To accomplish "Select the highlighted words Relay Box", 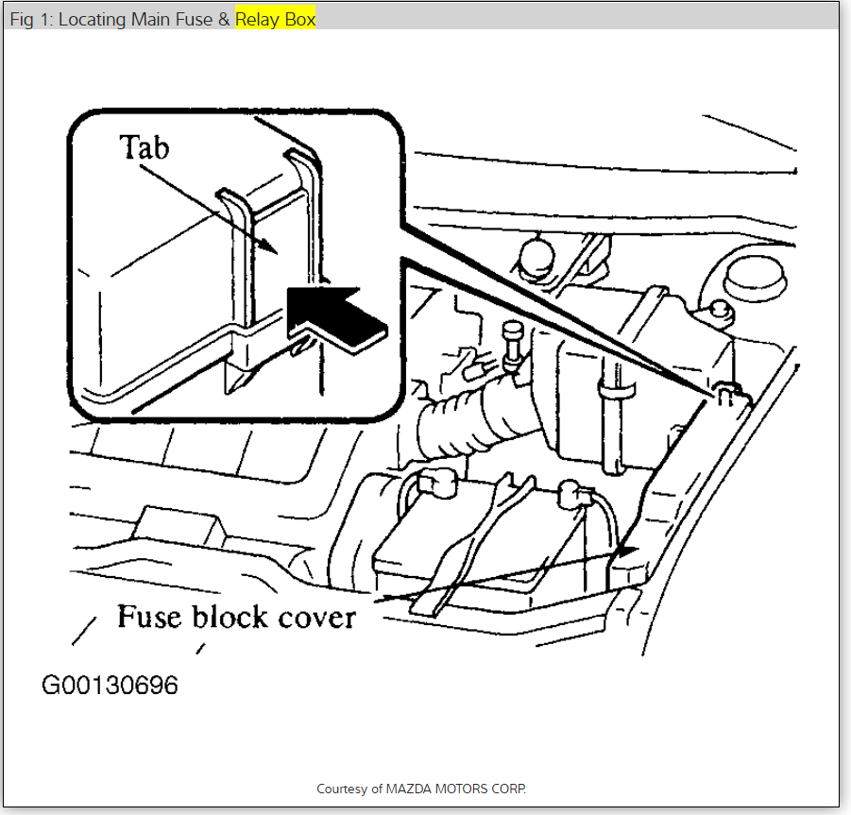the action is pos(275,19).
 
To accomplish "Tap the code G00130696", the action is pos(110,685).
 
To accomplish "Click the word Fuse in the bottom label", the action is pos(150,618).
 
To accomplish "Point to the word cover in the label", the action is pos(311,619).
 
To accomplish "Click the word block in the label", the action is pos(228,618).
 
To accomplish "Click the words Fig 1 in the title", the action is pos(29,19).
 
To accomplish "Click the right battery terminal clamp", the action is pos(571,492).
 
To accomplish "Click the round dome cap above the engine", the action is pos(536,253).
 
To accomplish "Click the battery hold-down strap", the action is pos(482,548).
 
